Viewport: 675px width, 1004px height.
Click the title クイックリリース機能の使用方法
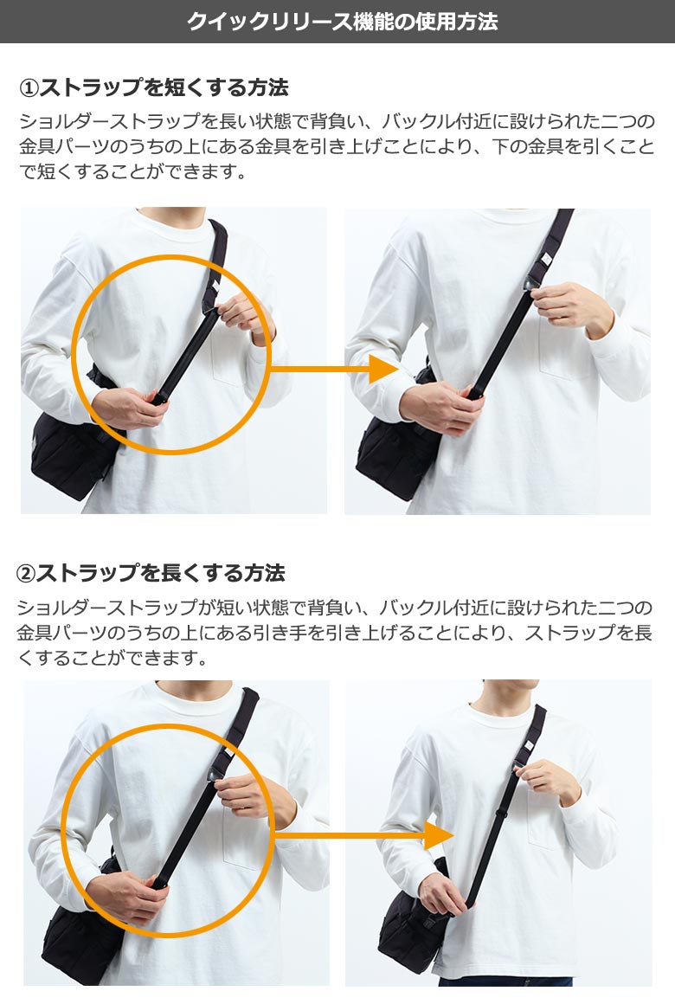[342, 21]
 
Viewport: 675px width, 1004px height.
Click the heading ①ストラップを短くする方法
[154, 87]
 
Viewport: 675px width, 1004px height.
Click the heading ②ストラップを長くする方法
[151, 572]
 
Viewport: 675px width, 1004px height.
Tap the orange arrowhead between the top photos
[384, 370]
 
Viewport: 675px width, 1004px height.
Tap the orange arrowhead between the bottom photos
[440, 835]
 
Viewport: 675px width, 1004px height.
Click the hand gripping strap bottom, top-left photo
[128, 409]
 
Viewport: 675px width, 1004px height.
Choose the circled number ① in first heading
[29, 87]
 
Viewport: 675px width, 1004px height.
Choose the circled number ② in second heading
[26, 573]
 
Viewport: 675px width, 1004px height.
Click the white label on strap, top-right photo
[546, 259]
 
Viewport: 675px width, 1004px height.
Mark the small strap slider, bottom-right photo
[501, 815]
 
